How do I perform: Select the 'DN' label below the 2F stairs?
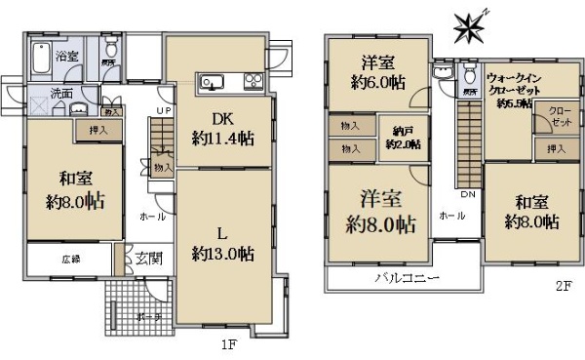[466, 194]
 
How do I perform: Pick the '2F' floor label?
[563, 286]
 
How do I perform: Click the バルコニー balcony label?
[408, 278]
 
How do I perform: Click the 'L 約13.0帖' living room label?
[222, 243]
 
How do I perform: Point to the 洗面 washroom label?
[63, 95]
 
